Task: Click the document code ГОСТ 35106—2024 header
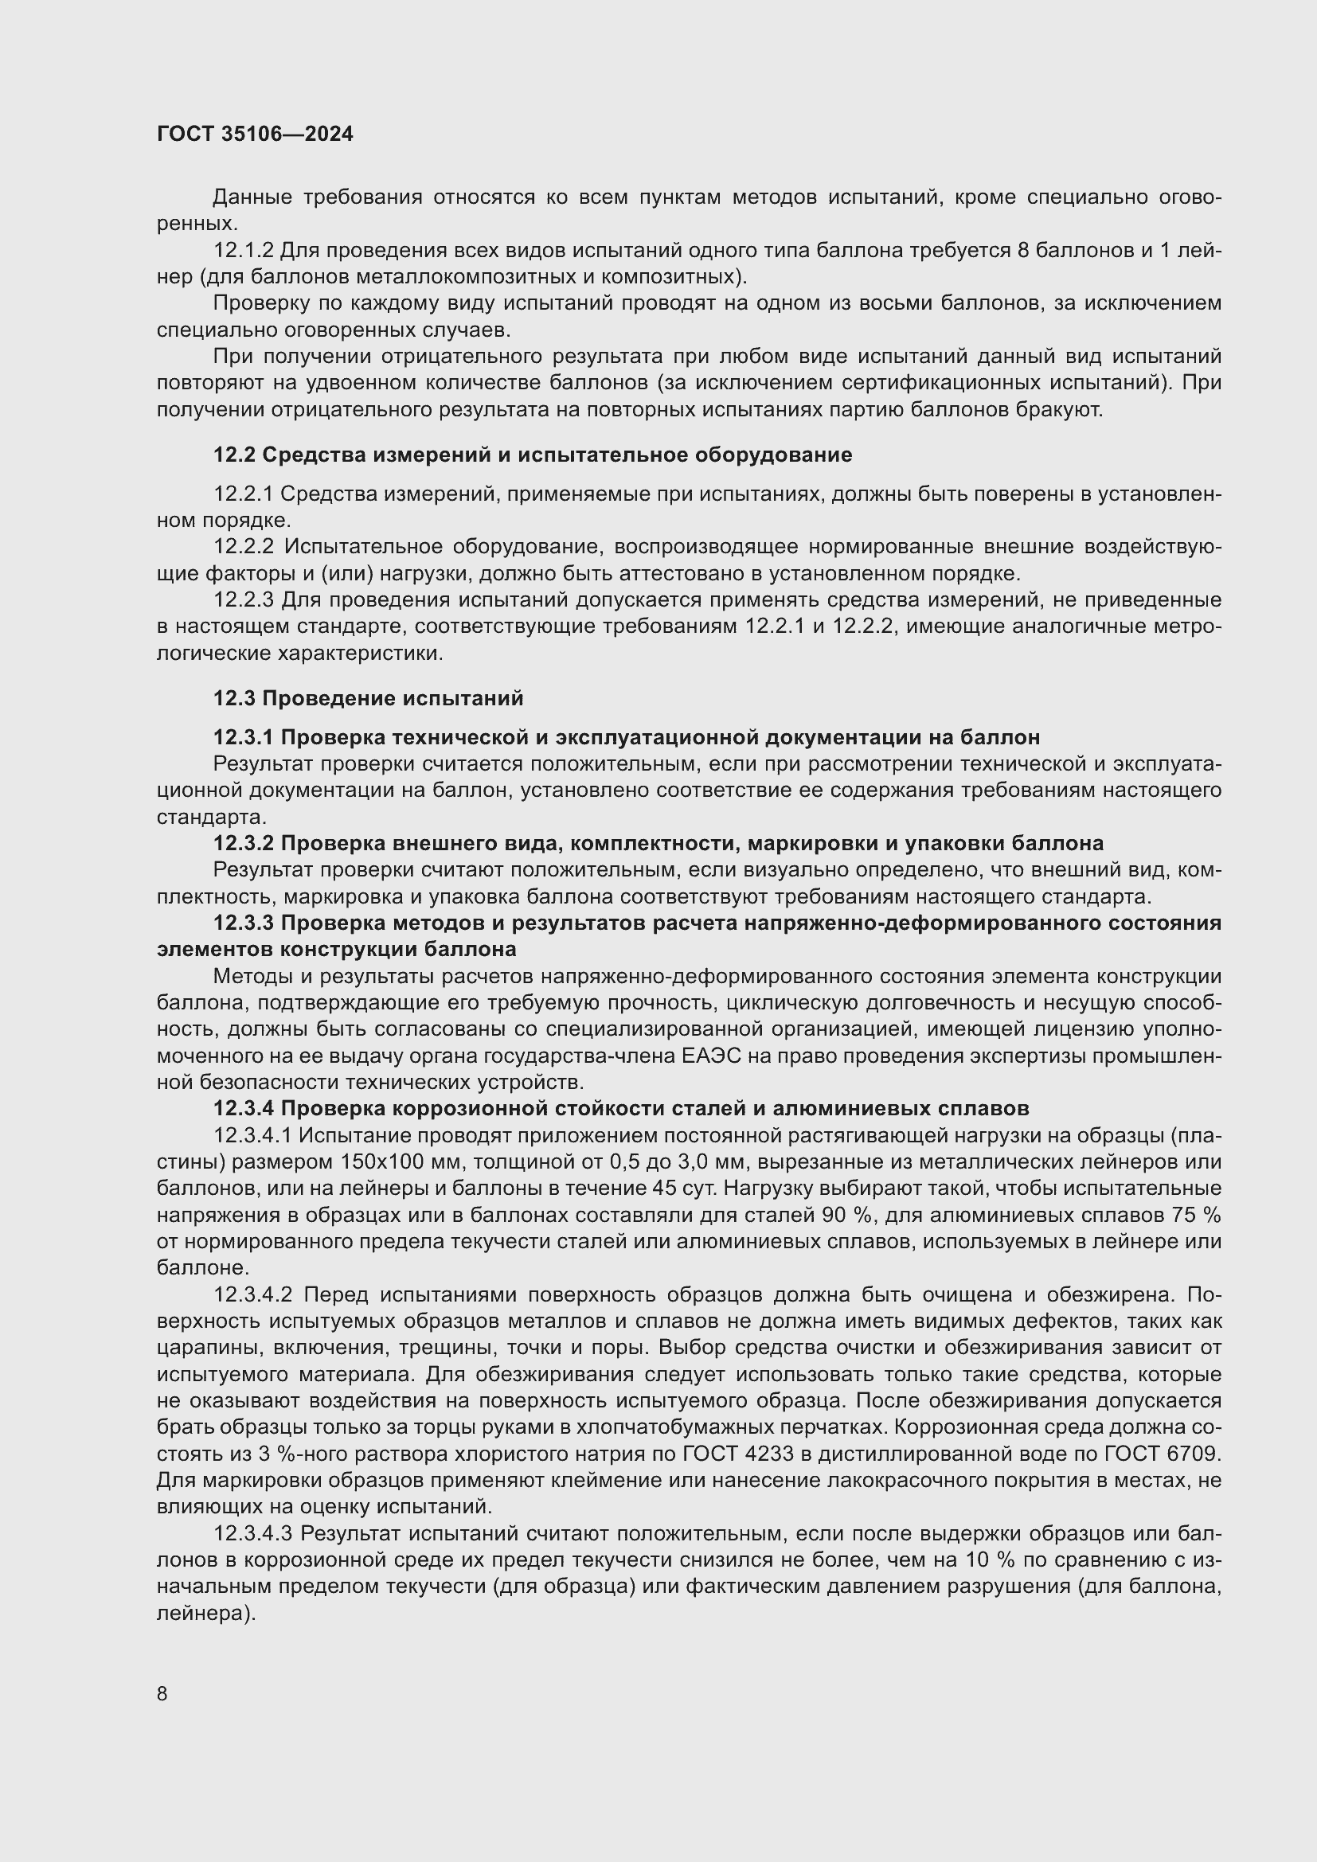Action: [255, 134]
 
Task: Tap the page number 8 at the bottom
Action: [162, 1693]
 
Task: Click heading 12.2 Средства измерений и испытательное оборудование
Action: [532, 455]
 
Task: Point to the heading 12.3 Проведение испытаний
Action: [368, 698]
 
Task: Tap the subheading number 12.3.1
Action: [244, 737]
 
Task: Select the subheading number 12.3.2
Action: [244, 843]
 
